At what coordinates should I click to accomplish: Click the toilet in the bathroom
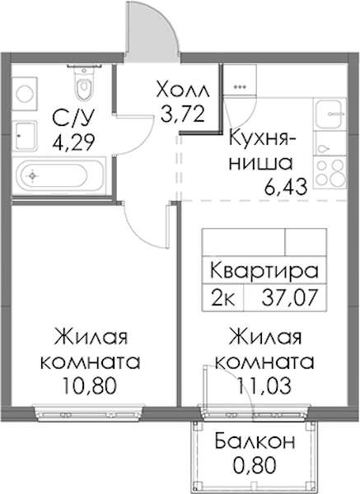coord(84,82)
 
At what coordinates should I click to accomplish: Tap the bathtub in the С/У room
coord(58,175)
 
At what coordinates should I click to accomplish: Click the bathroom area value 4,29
coord(73,142)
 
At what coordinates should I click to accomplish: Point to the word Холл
coord(183,91)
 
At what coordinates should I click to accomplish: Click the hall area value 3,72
coord(182,114)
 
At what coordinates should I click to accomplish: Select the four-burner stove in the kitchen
coord(330,172)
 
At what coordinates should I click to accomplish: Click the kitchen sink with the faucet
coord(329,114)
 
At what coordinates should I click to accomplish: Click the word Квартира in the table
coord(264,271)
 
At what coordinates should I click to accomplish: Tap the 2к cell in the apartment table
coord(223,298)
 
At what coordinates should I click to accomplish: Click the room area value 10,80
coord(90,386)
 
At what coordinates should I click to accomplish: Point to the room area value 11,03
coord(264,386)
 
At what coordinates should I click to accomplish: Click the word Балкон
coord(255,441)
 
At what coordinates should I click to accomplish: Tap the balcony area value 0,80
coord(255,465)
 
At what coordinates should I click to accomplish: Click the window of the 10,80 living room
coord(89,413)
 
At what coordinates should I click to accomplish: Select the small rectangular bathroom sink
coord(25,136)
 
